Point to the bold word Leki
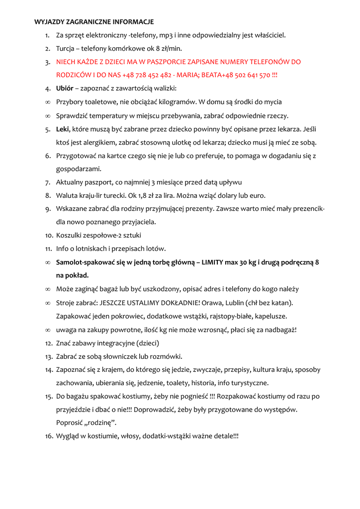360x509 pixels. [63, 129]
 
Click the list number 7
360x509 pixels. [47, 182]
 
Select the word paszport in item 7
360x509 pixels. [101, 182]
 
